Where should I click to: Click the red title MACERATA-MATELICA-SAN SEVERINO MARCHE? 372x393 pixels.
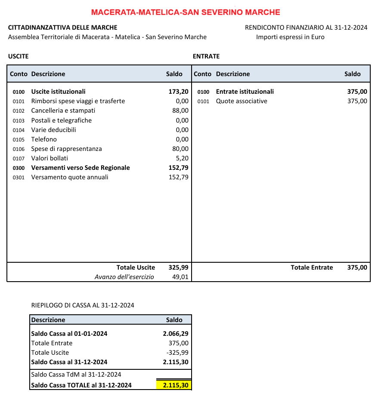pos(186,12)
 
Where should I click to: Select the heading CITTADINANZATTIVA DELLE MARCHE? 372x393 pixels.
pos(62,28)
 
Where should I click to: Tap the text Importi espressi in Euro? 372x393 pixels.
pos(290,37)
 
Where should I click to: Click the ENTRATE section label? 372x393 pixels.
pos(206,56)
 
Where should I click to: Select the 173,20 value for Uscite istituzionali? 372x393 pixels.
pos(178,92)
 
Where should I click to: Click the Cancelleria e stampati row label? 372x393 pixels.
pos(63,111)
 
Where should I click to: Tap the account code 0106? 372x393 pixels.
pos(19,149)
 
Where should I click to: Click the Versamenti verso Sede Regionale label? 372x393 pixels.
pos(81,168)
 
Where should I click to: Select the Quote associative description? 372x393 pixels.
pos(242,101)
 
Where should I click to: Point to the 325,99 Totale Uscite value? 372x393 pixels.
pos(178,267)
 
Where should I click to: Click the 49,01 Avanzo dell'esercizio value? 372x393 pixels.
pos(180,277)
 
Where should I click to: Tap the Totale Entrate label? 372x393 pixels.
pos(312,267)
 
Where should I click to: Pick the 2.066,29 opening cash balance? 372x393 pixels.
pos(176,334)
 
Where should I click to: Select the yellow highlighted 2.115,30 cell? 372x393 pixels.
pos(174,385)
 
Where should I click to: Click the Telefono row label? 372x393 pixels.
pos(44,139)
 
